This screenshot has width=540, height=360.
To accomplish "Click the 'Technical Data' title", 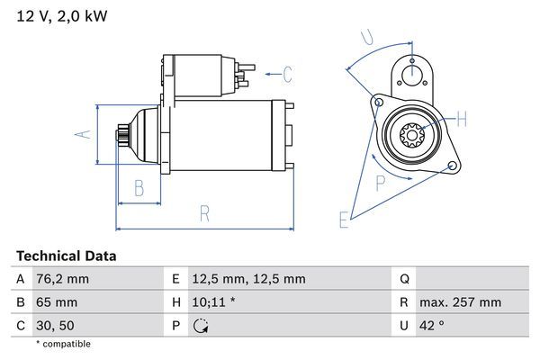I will coord(67,256).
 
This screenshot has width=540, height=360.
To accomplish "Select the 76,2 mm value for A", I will coord(62,279).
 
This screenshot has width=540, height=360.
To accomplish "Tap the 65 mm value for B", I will coord(56,302).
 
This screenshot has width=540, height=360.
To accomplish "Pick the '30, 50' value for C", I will coord(53,325).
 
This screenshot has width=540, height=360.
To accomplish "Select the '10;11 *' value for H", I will coord(214,302).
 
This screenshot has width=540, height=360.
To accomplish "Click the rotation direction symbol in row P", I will coord(201,326).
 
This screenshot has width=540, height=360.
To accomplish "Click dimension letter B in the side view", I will coord(139,188).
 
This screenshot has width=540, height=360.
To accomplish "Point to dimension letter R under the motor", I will coord(204,213).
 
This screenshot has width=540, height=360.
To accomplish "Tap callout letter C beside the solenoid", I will coord(288,73).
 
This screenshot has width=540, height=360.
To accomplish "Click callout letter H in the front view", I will coord(462,119).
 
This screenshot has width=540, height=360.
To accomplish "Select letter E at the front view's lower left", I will coord(343,219).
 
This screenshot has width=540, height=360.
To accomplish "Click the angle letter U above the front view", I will coord(366,37).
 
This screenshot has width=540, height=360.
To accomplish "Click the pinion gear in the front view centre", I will coord(411,137).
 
